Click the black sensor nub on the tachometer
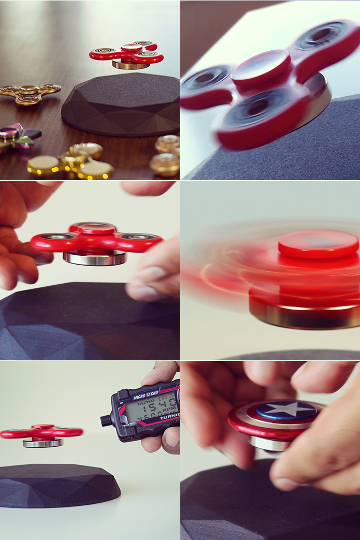tap(106, 420)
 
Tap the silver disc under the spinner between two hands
tap(95, 257)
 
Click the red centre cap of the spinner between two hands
tap(96, 228)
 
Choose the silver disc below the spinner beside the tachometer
tap(43, 443)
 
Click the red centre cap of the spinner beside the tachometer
tap(43, 427)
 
